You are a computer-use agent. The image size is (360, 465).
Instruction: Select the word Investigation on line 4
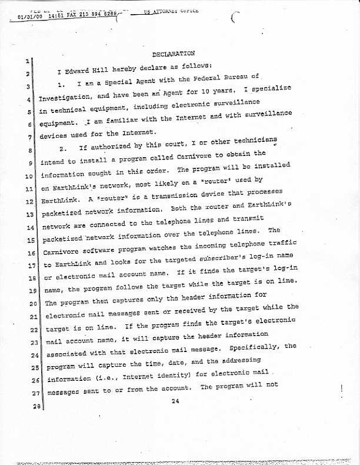[x=65, y=98]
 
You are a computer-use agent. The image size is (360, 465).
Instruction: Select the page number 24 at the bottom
[x=175, y=401]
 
